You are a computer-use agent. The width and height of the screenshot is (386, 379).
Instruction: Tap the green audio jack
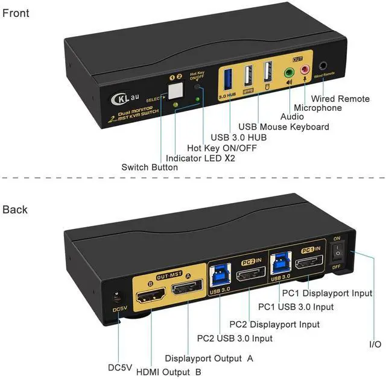tap(289, 71)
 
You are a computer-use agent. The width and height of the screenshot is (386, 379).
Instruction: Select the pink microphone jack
tap(305, 70)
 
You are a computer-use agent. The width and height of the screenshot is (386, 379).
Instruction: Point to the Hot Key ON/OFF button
tap(198, 86)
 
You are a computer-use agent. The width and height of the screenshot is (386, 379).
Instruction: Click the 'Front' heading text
tap(16, 13)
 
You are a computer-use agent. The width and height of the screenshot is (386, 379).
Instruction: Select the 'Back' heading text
tap(15, 210)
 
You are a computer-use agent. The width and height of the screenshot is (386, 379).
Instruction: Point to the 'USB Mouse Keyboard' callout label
tap(284, 127)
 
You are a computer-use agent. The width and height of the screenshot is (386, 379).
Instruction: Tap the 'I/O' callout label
tap(375, 344)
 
